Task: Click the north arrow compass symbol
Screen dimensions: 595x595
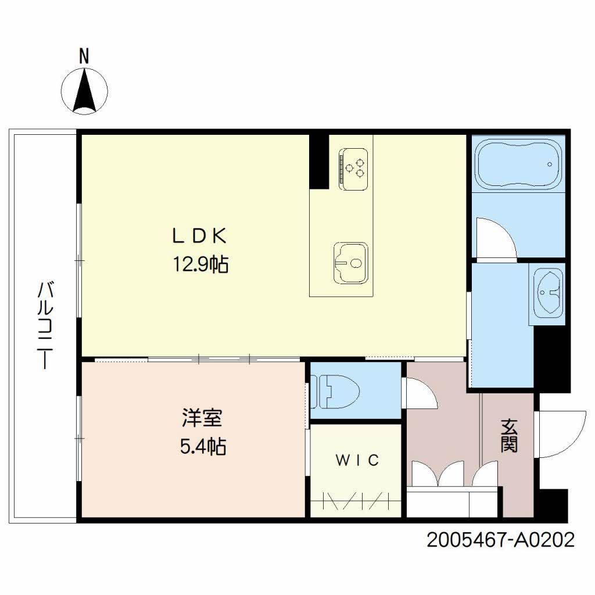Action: coord(85,91)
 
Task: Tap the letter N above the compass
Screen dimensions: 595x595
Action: coord(84,56)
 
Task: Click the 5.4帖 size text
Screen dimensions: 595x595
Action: coord(201,446)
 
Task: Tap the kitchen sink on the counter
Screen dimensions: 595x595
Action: coord(350,263)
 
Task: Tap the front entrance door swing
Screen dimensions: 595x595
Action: coord(561,433)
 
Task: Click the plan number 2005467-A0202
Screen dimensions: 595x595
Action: coord(501,540)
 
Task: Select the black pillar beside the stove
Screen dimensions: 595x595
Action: coord(318,161)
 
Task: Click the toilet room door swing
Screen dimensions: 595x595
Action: coord(420,393)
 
